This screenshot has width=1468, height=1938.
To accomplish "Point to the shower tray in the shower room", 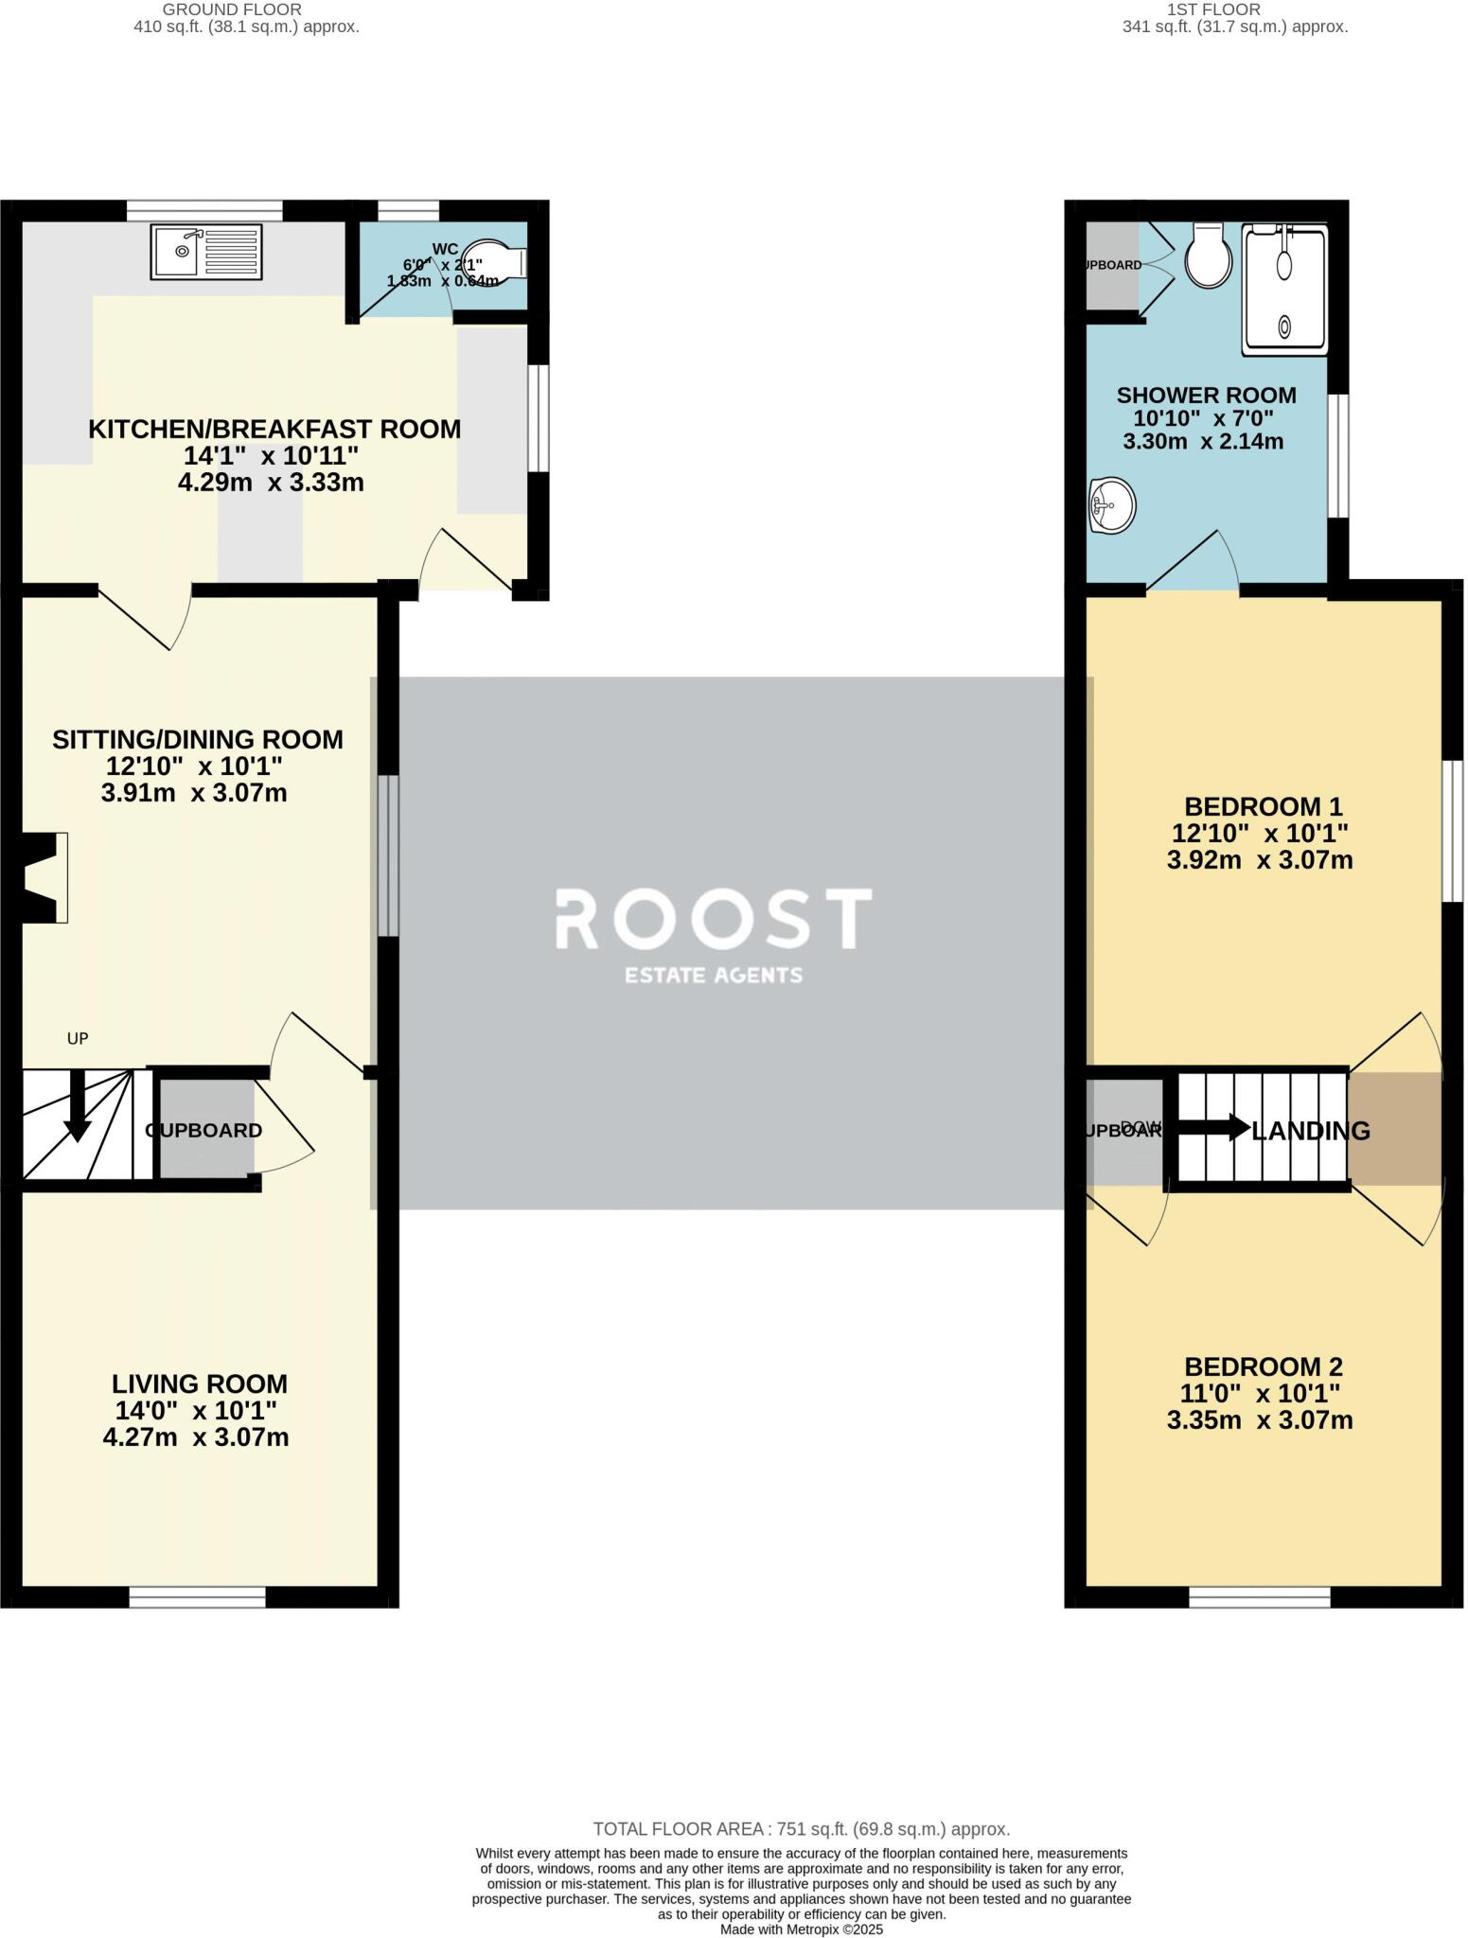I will pos(1284,289).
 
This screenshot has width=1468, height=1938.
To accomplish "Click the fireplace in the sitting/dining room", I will pos(44,877).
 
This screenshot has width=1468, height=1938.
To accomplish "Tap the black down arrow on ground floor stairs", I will pos(77,1109).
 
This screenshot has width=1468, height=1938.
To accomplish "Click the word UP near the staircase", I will pos(78,1038).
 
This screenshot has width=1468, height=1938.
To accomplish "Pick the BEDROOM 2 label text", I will pos(1263,1366).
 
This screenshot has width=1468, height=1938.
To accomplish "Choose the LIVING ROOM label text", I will pos(199,1383).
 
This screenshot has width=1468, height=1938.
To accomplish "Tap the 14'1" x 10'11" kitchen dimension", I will pos(271,455).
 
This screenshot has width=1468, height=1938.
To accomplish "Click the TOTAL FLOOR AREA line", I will pos(801,1829).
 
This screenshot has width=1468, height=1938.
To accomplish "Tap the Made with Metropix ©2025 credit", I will pos(801,1929).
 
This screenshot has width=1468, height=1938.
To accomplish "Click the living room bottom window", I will pos(197,1597).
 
